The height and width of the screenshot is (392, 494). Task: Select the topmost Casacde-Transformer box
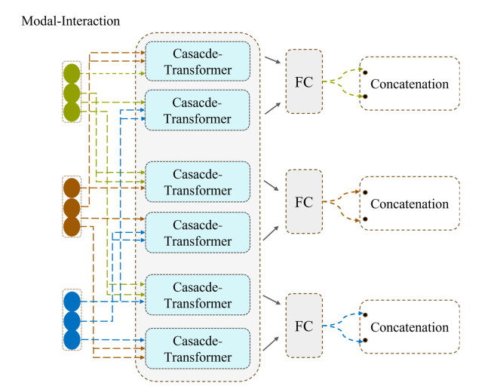(197, 63)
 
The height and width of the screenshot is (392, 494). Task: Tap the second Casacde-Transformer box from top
(197, 110)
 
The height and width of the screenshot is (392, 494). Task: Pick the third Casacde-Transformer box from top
(197, 182)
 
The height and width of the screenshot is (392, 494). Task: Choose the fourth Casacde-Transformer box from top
(197, 231)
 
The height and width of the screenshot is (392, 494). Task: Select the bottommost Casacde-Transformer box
(197, 348)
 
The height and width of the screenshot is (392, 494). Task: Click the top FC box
(304, 82)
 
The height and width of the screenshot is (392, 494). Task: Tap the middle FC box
(304, 203)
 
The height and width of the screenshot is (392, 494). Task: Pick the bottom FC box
(304, 327)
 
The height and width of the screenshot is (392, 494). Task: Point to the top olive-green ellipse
(72, 75)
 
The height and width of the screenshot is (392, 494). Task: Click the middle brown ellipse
(72, 207)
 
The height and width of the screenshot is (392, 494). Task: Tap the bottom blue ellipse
(72, 340)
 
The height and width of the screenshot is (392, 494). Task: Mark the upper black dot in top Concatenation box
(365, 72)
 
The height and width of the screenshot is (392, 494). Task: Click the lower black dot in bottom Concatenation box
(365, 340)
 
